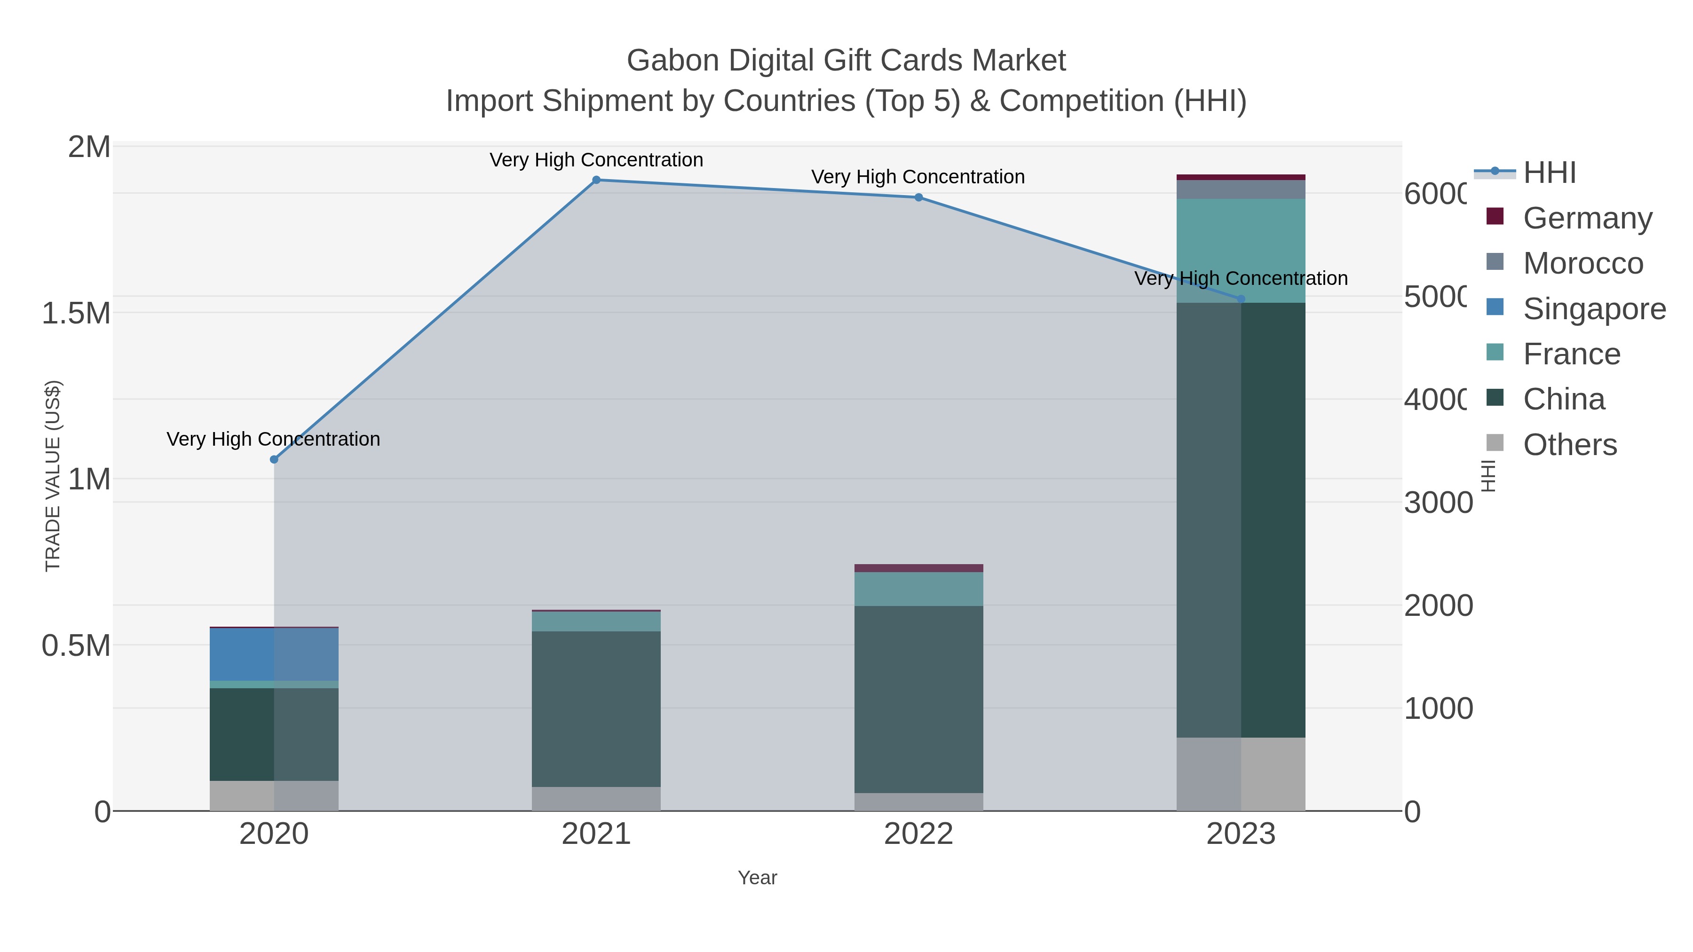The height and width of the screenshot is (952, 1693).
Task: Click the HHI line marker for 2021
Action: (x=596, y=180)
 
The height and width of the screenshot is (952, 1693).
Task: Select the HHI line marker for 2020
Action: (x=274, y=459)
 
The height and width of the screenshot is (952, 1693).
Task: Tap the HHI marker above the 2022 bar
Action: (x=918, y=197)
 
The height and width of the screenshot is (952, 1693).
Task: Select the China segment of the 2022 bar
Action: (x=918, y=699)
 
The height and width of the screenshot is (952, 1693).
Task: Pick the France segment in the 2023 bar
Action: (x=1240, y=250)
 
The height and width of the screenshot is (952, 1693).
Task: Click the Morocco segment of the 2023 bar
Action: (x=1240, y=189)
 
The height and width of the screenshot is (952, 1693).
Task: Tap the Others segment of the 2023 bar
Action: (x=1240, y=773)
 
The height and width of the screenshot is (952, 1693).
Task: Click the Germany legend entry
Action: (x=1587, y=218)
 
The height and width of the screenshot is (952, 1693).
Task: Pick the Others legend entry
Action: (x=1569, y=445)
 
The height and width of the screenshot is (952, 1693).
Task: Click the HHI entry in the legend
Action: (x=1549, y=173)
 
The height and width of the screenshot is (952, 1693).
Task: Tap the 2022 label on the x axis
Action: (x=918, y=834)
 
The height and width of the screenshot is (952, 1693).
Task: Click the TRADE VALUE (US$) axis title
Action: (x=53, y=476)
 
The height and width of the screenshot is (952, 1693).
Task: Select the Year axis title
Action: (x=757, y=877)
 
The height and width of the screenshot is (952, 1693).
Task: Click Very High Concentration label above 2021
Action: (x=596, y=160)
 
